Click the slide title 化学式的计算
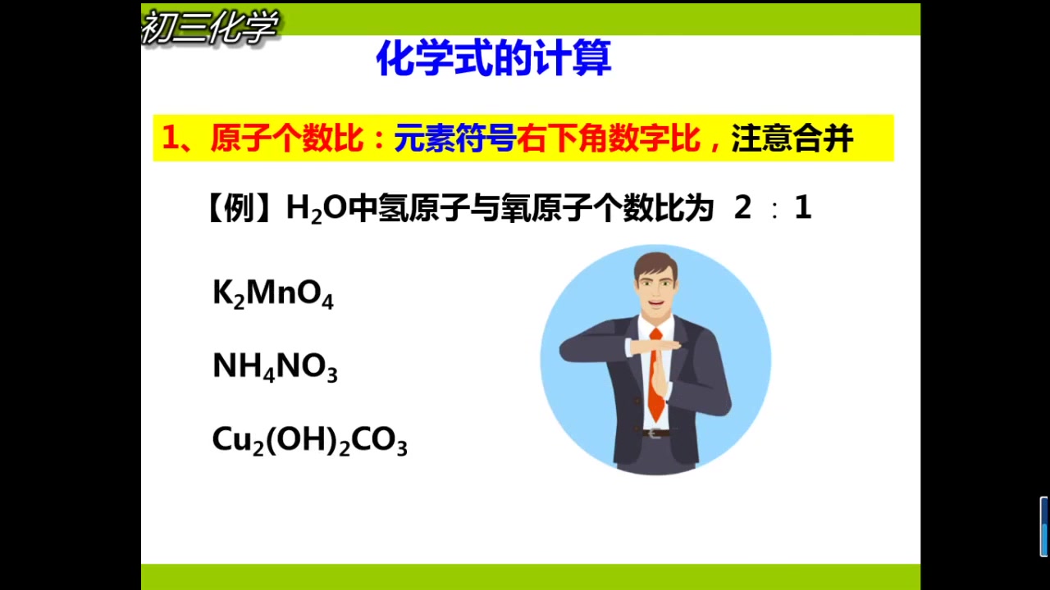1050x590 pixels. pos(493,59)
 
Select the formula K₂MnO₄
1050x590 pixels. pos(272,293)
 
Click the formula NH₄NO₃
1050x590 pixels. pos(275,366)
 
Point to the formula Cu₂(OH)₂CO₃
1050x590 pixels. pos(309,441)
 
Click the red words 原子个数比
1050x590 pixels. pos(285,138)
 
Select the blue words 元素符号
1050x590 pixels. pos(454,138)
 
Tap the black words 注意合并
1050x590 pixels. pos(792,138)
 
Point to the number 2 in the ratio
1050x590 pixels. pos(742,208)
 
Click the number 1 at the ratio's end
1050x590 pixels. pos(803,208)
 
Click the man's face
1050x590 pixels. pos(656,288)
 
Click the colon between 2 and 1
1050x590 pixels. pos(774,211)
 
